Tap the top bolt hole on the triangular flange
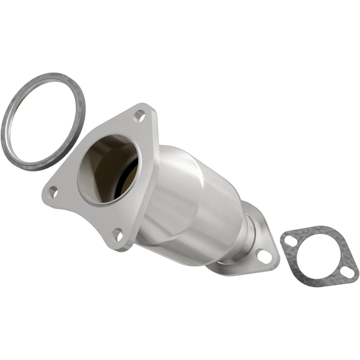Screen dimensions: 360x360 139,116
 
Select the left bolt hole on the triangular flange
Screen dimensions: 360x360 52,192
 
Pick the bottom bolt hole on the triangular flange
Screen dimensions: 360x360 118,236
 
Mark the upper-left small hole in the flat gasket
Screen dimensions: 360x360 291,240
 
